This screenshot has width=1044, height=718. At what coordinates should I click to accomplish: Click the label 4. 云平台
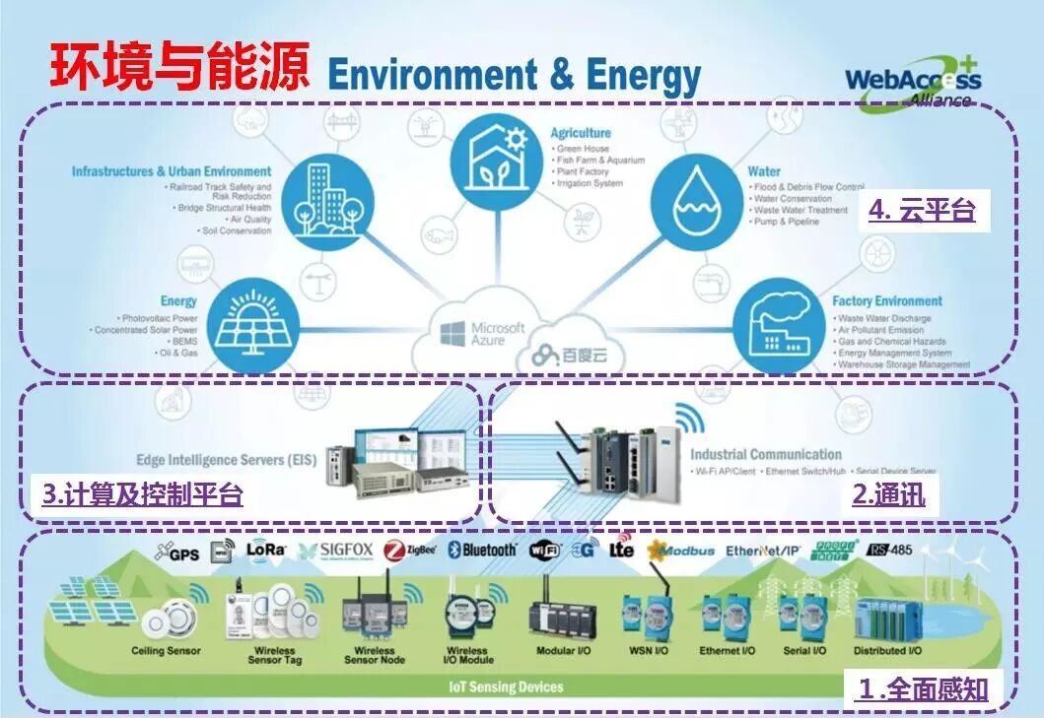922,210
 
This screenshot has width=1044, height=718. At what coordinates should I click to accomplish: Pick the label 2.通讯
888,494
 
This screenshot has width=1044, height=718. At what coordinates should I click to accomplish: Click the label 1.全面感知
923,687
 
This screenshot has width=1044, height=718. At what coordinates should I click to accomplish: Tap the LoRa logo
265,550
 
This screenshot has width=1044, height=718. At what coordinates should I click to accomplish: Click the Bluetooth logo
483,550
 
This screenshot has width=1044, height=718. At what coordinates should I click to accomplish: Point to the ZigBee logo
410,550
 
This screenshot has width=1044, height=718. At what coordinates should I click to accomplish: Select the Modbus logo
681,550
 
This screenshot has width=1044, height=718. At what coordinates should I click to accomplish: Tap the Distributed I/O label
888,651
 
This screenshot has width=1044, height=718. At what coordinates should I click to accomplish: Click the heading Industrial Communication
765,454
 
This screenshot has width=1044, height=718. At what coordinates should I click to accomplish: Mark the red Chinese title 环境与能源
177,67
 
